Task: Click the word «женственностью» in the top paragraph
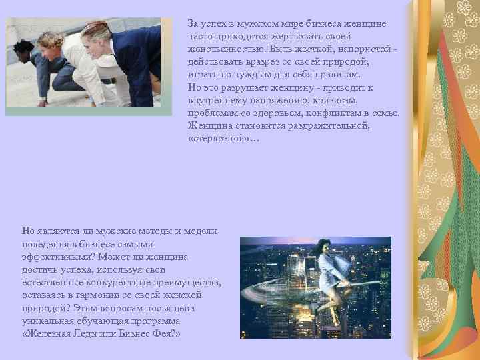coord(222,49)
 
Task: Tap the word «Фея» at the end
coord(163,333)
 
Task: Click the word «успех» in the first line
coord(215,24)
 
